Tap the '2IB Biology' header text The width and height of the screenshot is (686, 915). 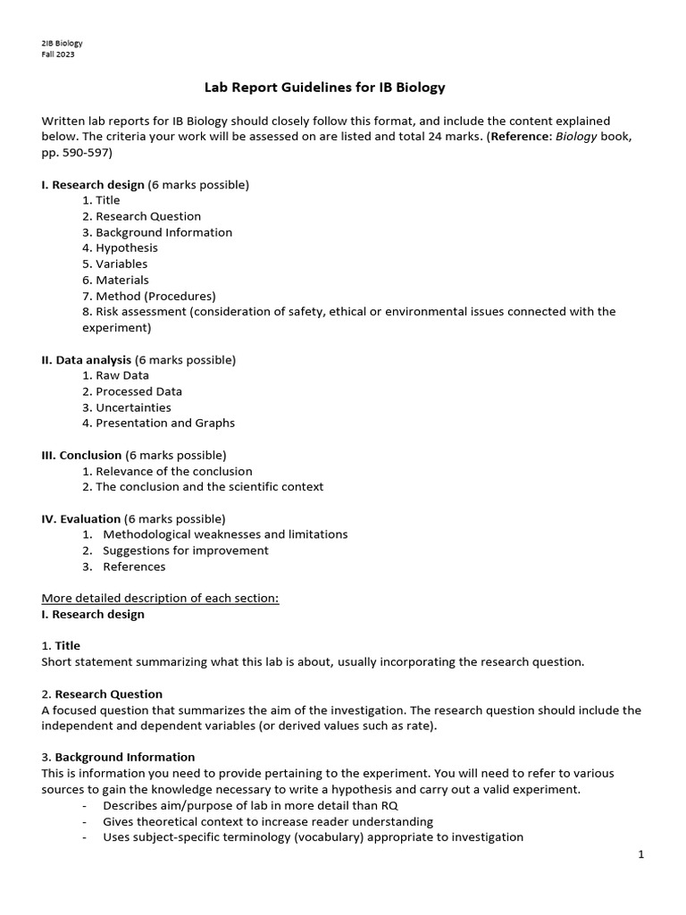[x=62, y=43]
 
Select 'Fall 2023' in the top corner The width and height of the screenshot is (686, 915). [x=58, y=55]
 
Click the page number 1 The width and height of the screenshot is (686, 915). [x=640, y=854]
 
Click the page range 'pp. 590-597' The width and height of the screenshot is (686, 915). [x=78, y=153]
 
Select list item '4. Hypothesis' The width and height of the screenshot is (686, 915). [x=120, y=248]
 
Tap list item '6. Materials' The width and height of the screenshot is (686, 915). [x=115, y=280]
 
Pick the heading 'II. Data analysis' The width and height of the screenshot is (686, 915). [x=87, y=359]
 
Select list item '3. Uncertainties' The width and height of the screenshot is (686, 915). [x=126, y=407]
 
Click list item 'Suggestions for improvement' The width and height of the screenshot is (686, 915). [x=185, y=550]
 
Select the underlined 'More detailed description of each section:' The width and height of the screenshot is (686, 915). [x=161, y=598]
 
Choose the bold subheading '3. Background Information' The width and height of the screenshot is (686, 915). [x=118, y=757]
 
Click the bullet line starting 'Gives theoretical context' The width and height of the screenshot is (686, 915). [x=267, y=821]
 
